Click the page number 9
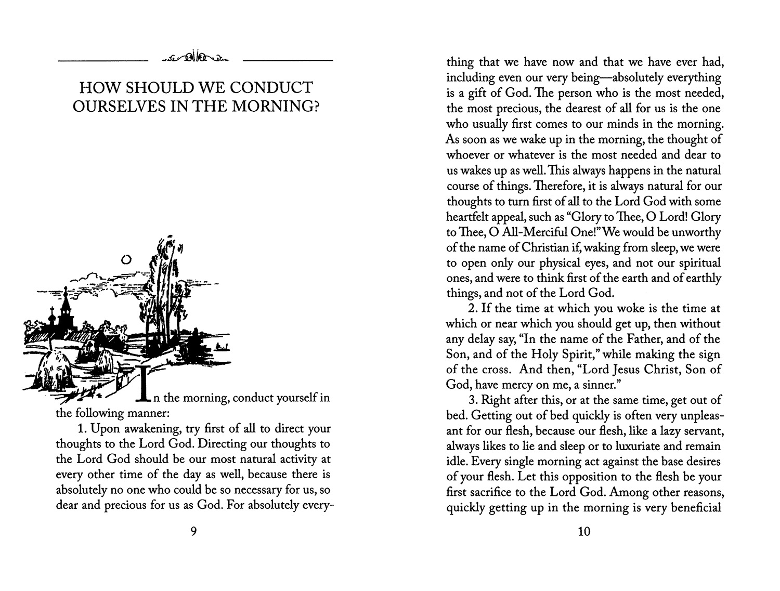tap(193, 532)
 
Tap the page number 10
tap(583, 532)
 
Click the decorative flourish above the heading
tap(195, 57)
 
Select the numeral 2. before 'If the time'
tap(473, 308)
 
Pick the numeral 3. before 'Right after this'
tap(473, 400)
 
